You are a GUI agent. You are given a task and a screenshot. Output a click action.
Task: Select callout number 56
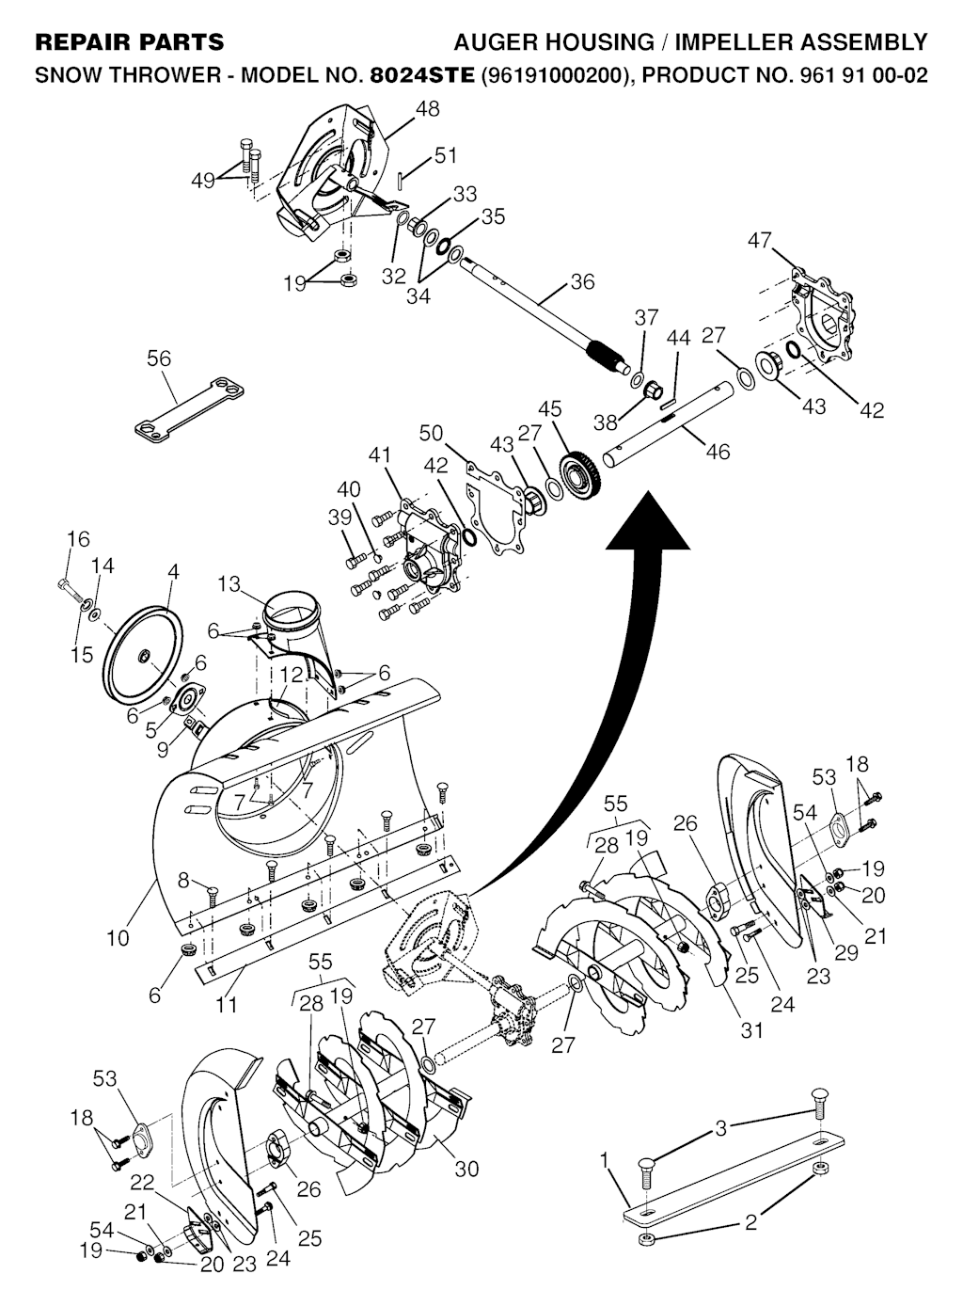[x=159, y=358]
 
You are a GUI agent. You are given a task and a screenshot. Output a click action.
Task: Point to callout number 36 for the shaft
[x=582, y=281]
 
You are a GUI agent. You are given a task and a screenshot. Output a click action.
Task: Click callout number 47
[x=760, y=242]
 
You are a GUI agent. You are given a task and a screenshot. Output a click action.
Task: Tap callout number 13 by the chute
[x=229, y=584]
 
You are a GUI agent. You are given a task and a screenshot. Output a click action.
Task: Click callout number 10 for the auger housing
[x=118, y=938]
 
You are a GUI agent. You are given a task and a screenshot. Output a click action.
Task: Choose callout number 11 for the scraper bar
[x=226, y=1004]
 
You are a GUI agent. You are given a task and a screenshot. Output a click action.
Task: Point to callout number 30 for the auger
[x=466, y=1169]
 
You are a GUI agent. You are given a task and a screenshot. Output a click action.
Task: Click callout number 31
[x=751, y=1030]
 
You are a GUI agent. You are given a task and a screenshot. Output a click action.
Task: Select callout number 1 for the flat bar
[x=606, y=1161]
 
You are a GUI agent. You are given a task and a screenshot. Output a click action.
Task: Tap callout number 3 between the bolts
[x=721, y=1129]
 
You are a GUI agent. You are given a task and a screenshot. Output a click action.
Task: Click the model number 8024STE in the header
[x=422, y=75]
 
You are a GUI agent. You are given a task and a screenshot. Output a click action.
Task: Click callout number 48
[x=427, y=109]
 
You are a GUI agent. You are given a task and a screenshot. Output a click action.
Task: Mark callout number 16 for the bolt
[x=78, y=539]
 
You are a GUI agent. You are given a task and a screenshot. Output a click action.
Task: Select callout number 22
[x=142, y=1182]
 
